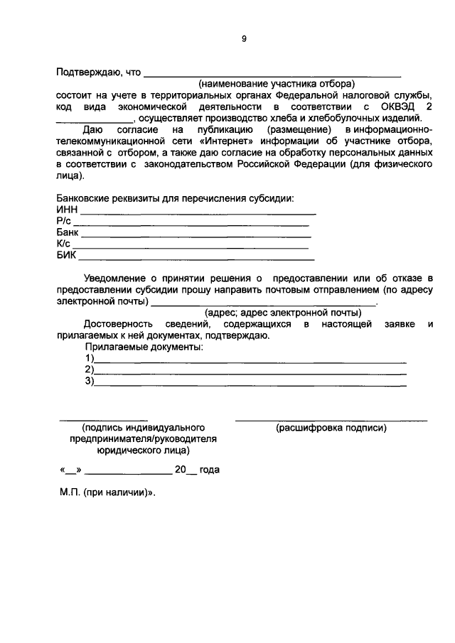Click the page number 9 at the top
click(244, 40)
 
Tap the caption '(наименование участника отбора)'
click(276, 84)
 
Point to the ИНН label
click(67, 210)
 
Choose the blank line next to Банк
click(196, 234)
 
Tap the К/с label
click(63, 244)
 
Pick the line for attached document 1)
click(250, 360)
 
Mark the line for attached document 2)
click(250, 372)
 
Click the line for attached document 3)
click(250, 384)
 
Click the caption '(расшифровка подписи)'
click(331, 428)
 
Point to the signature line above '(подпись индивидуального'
click(103, 420)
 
